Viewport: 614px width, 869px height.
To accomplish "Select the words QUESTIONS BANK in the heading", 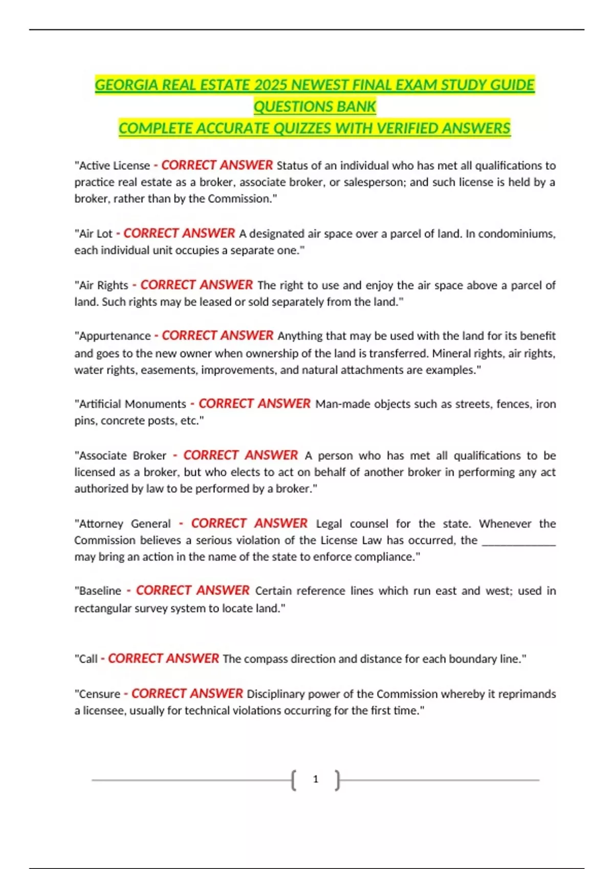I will coord(315,106).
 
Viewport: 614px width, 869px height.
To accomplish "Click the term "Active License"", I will coord(114,166).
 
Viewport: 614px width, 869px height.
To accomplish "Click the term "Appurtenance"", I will coord(115,336).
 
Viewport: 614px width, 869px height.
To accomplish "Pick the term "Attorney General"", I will coord(124,523).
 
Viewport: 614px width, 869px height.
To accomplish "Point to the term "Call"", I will coord(87,659).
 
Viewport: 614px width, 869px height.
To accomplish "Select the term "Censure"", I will coord(99,694).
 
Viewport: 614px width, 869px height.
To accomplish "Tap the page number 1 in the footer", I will coord(316,779).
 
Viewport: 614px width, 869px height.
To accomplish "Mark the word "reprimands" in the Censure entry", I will coord(527,694).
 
